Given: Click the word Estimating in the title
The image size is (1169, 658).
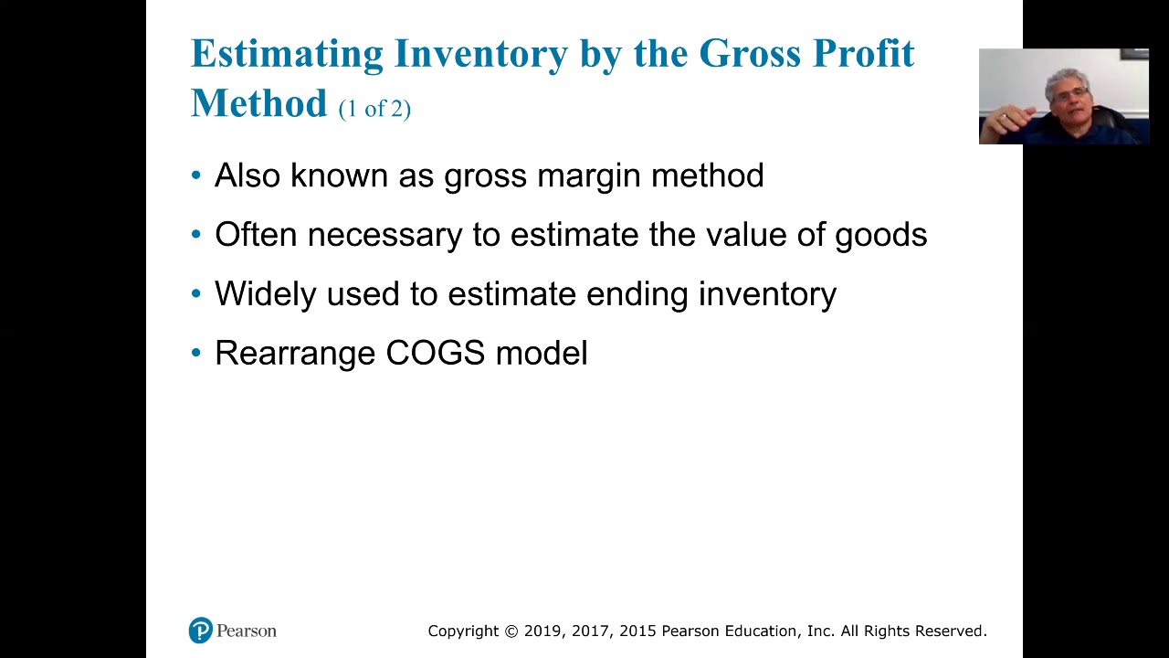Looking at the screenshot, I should click(x=287, y=54).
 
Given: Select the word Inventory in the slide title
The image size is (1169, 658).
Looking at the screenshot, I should click(x=480, y=54).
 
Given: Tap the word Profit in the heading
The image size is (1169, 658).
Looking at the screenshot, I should click(x=863, y=54).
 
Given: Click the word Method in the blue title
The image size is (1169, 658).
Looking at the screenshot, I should click(x=258, y=103).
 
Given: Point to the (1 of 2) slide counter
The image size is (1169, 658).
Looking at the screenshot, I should click(x=374, y=109).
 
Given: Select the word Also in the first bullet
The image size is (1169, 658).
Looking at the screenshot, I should click(x=247, y=175).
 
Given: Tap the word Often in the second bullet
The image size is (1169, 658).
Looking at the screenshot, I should click(x=255, y=235).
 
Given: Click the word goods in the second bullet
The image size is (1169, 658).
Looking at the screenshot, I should click(x=880, y=236).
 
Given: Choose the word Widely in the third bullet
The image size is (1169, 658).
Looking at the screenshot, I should click(x=265, y=294).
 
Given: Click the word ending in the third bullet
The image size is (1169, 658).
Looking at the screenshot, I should click(x=637, y=295).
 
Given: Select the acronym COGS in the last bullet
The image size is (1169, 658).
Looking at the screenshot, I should click(x=435, y=353).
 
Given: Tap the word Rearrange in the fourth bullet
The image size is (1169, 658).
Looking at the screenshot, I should click(x=294, y=354).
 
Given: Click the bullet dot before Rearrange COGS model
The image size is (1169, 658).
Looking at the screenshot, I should click(x=196, y=353).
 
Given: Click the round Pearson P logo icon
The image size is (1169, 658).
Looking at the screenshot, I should click(x=200, y=631).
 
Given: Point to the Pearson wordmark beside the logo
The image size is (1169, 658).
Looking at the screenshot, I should click(x=247, y=631).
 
